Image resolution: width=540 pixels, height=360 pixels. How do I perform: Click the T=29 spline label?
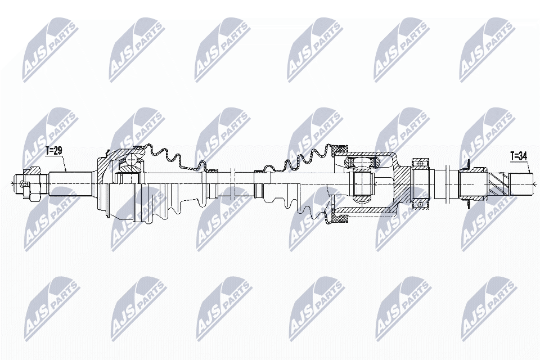[x=55, y=151]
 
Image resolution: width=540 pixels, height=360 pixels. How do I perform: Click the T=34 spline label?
[x=519, y=156]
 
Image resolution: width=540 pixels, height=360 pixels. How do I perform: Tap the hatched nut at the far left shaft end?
[x=33, y=171]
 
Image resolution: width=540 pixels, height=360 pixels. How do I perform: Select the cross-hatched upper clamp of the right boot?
[x=339, y=150]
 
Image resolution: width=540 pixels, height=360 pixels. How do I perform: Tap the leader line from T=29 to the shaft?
[x=64, y=163]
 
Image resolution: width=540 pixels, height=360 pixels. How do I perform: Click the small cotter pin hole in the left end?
[x=22, y=182]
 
